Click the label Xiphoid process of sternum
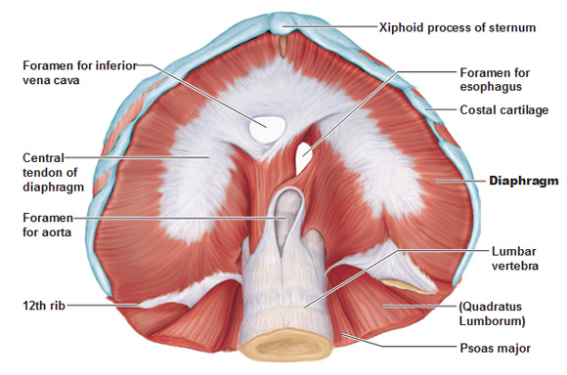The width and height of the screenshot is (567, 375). click(x=457, y=27)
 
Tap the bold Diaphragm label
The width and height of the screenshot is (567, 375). click(x=523, y=181)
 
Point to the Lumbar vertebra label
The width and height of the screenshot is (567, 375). click(x=486, y=260)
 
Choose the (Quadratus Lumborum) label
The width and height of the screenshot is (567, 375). click(x=493, y=313)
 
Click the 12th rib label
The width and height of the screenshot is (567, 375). click(x=46, y=306)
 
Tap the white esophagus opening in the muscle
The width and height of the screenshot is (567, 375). click(x=305, y=153)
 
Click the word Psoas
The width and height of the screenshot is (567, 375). click(x=475, y=348)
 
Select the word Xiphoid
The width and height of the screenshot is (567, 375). click(x=402, y=27)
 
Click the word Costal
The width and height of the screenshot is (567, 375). click(x=478, y=109)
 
